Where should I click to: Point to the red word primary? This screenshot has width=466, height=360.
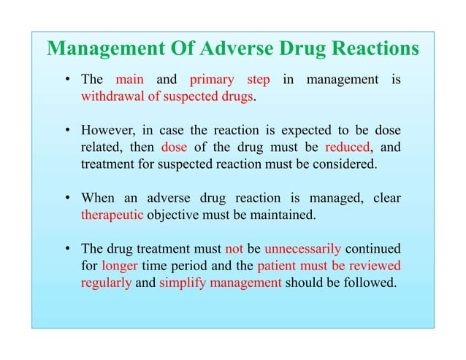pos(212,80)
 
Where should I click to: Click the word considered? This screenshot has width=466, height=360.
pos(345,164)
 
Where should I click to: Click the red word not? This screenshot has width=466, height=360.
pos(234,248)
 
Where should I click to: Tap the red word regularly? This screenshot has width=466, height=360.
pos(105,282)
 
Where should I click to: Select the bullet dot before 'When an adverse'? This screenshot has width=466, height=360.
pos(66,198)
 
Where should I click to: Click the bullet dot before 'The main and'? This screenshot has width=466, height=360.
pos(66,80)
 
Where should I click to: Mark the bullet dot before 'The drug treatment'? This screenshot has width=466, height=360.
pos(66,248)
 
